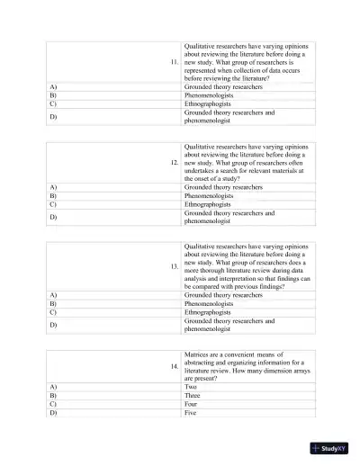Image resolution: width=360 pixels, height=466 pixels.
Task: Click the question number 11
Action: click(x=174, y=62)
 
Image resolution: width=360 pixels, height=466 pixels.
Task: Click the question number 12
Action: click(x=174, y=163)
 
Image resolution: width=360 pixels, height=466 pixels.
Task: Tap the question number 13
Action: click(x=174, y=267)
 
